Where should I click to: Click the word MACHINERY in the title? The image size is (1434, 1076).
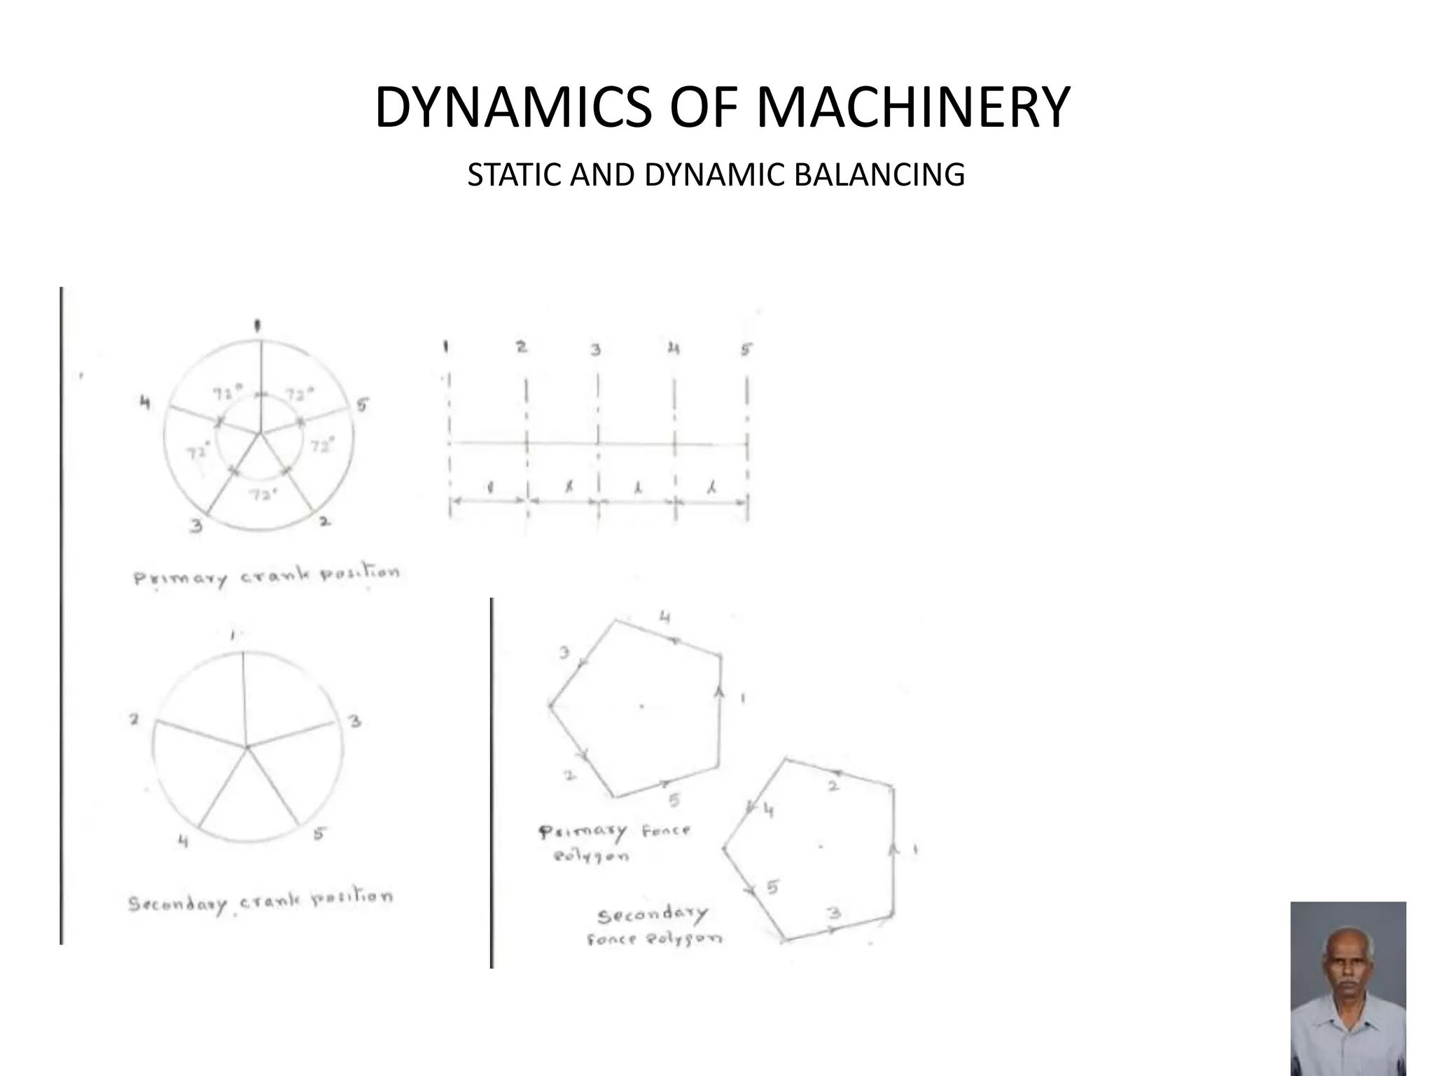(x=913, y=107)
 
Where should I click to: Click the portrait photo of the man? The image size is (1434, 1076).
(x=1348, y=988)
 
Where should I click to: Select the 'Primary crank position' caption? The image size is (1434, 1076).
(x=267, y=576)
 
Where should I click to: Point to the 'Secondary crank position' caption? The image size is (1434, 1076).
(x=260, y=902)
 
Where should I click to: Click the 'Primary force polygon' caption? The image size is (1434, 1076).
(x=613, y=843)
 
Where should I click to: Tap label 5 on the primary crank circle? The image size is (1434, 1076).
(x=362, y=405)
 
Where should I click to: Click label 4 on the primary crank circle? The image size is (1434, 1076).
(x=145, y=403)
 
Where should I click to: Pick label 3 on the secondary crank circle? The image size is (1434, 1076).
(x=355, y=721)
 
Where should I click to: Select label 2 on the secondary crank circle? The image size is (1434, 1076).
(x=134, y=719)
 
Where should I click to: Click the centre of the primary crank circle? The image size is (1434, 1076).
(x=260, y=434)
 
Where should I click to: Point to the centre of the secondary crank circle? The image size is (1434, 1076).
(x=246, y=747)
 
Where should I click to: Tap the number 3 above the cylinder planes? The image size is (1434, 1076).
(x=595, y=349)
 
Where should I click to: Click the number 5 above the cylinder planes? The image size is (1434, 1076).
(x=746, y=348)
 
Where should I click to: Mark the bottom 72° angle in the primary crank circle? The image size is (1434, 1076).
(x=263, y=494)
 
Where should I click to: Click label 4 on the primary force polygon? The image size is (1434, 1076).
(x=665, y=617)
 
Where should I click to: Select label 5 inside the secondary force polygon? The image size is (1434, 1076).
(x=772, y=888)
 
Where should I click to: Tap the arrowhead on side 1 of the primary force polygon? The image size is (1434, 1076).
(x=719, y=691)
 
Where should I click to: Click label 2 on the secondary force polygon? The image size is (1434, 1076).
(x=833, y=786)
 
